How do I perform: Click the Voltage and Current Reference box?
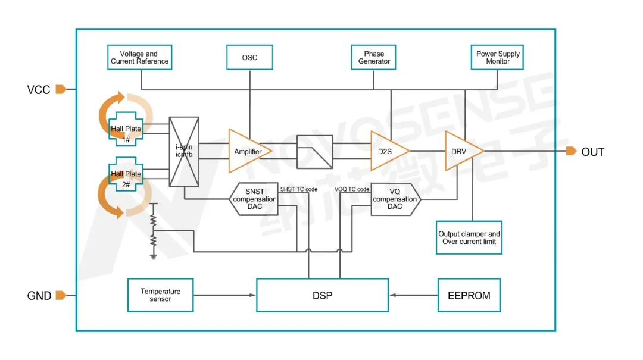pyautogui.click(x=140, y=58)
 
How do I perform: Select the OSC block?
pyautogui.click(x=249, y=58)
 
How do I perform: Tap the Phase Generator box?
pyautogui.click(x=374, y=58)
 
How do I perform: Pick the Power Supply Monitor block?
pyautogui.click(x=497, y=58)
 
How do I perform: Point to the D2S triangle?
pyautogui.click(x=386, y=151)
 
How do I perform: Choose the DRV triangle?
pyautogui.click(x=461, y=151)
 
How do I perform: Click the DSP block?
pyautogui.click(x=322, y=295)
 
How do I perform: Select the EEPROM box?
pyautogui.click(x=469, y=295)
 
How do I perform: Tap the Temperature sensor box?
pyautogui.click(x=160, y=295)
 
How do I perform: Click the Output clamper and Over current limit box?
pyautogui.click(x=469, y=238)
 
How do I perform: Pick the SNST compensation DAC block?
pyautogui.click(x=255, y=199)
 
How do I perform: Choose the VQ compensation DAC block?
pyautogui.click(x=395, y=199)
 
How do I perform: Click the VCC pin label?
pyautogui.click(x=39, y=90)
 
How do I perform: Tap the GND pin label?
pyautogui.click(x=39, y=296)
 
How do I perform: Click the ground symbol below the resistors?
pyautogui.click(x=154, y=256)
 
